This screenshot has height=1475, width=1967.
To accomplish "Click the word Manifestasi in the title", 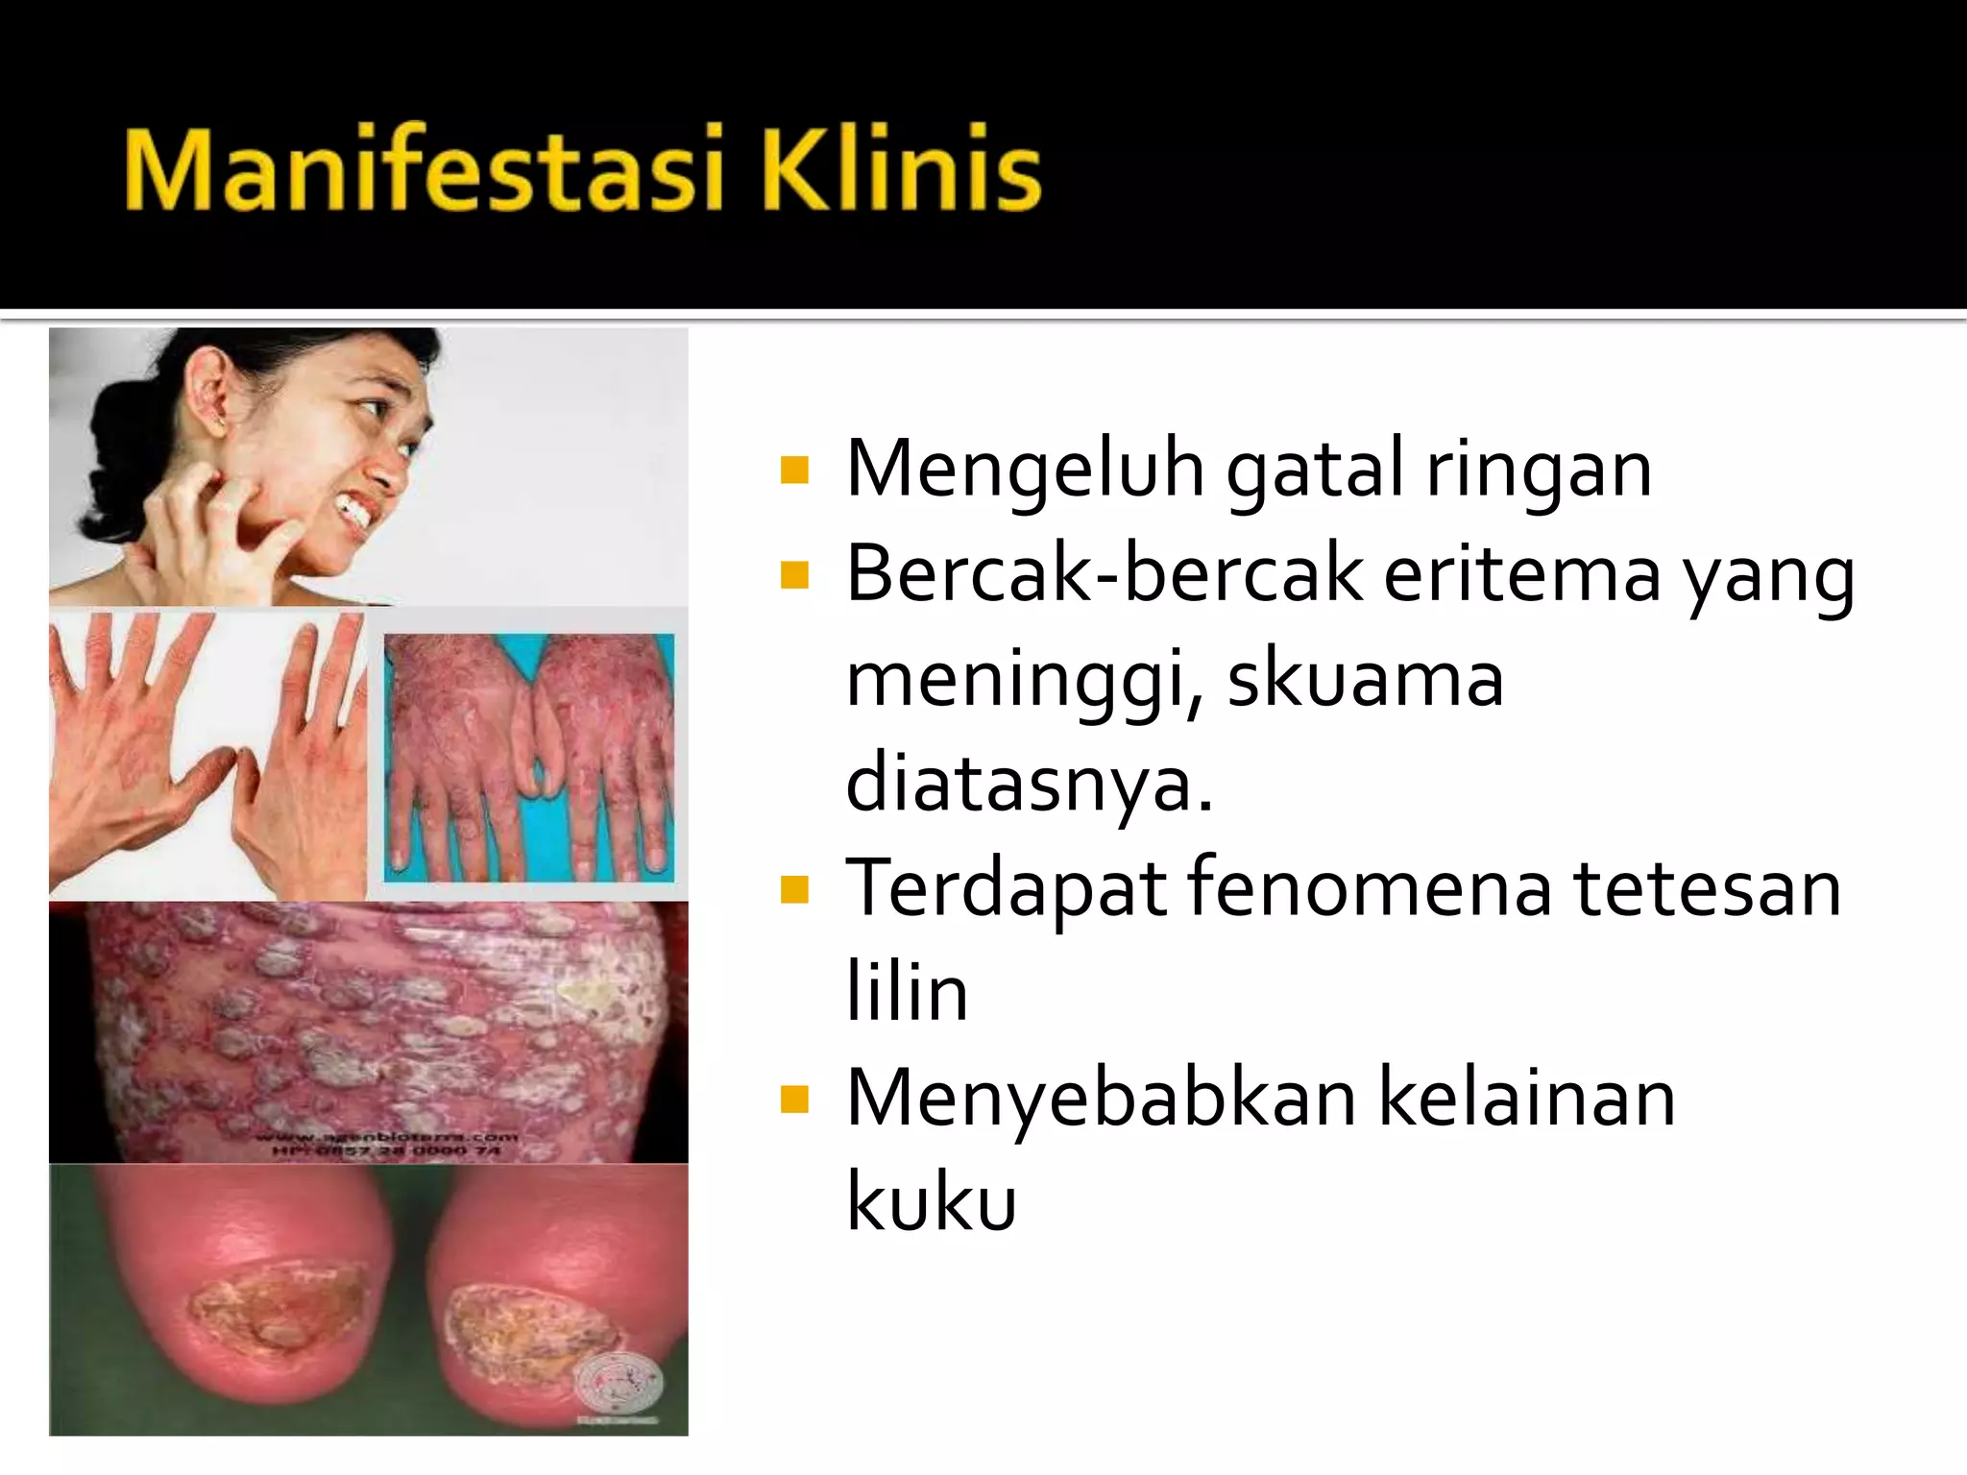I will [x=423, y=171].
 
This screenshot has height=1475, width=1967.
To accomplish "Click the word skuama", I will [x=1365, y=679].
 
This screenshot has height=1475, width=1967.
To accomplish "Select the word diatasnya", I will [x=1029, y=783].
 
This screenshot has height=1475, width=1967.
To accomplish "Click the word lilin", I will [x=907, y=992].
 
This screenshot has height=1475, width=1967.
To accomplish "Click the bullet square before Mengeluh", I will [x=794, y=470].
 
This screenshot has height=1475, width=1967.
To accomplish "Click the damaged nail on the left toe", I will [x=279, y=1311].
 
